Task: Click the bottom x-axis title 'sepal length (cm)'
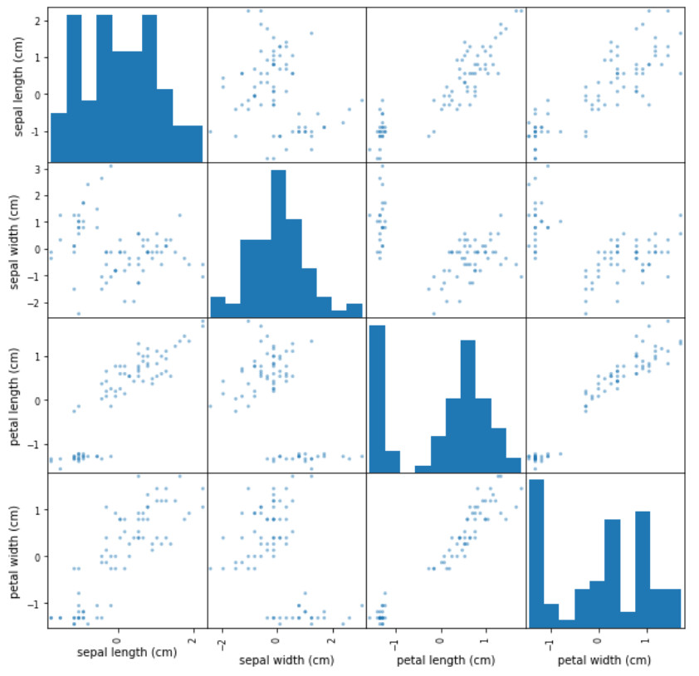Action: click(x=127, y=653)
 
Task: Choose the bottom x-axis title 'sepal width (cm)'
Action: click(x=284, y=660)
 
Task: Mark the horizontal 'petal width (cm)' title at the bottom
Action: click(x=604, y=660)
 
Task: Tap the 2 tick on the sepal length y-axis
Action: click(x=38, y=20)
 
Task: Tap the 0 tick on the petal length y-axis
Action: click(x=38, y=400)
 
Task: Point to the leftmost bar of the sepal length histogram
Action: click(x=59, y=136)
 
